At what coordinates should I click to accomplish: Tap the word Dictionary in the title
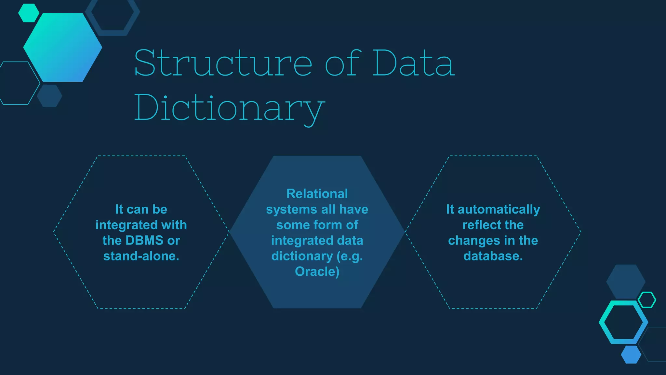click(x=229, y=108)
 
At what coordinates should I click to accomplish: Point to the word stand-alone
click(x=141, y=256)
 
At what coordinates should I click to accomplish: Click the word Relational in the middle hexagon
click(x=317, y=194)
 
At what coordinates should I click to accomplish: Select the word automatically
click(x=499, y=209)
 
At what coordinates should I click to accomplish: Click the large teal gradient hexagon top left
click(x=63, y=48)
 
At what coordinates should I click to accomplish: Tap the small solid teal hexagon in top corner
click(x=29, y=13)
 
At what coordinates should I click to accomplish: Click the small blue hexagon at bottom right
click(x=631, y=354)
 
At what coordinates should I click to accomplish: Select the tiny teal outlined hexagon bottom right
click(x=647, y=300)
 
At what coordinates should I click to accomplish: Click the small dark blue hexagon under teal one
click(x=49, y=96)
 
